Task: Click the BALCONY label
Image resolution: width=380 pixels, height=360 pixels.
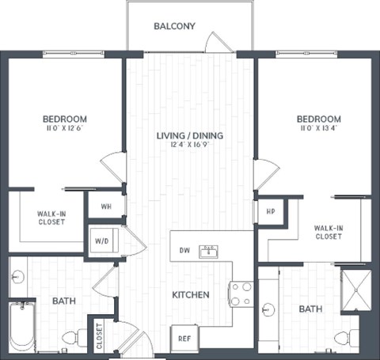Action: point(174,26)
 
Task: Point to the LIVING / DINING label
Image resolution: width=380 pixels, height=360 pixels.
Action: point(189,135)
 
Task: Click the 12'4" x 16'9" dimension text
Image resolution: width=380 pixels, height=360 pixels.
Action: point(189,146)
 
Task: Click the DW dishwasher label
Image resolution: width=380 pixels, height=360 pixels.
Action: point(184,251)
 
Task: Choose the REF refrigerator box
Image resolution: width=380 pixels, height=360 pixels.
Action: point(184,338)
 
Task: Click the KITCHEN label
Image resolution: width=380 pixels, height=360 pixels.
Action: point(191,295)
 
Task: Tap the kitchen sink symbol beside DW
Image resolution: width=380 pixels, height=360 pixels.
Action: point(210,252)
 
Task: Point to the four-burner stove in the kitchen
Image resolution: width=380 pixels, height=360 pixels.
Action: point(241,294)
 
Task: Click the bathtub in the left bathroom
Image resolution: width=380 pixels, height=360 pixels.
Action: point(21,327)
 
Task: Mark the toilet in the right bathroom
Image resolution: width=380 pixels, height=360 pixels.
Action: point(342,338)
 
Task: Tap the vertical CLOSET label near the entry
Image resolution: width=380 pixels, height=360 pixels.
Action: point(100,336)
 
